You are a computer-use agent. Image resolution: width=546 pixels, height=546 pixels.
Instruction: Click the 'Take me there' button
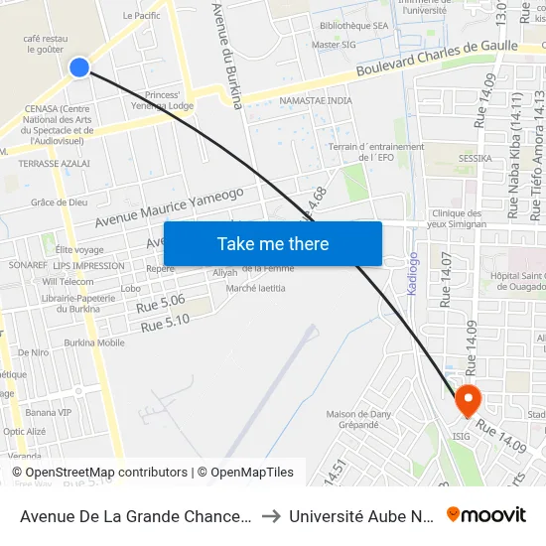273,243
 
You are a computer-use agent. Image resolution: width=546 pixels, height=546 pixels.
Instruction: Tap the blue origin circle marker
79,67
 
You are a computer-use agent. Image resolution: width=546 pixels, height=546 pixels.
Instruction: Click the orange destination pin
468,400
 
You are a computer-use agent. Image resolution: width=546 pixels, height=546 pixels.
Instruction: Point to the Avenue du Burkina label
228,55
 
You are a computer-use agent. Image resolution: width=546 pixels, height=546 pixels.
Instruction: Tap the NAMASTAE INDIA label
316,101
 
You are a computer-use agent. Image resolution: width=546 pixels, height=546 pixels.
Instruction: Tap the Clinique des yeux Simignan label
459,218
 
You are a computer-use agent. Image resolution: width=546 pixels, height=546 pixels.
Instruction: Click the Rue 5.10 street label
165,324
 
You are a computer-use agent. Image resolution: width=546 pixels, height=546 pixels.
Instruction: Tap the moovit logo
485,515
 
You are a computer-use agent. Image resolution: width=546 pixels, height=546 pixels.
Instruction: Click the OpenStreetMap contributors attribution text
106,473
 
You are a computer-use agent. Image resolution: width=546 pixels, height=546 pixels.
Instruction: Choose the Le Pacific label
141,16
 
